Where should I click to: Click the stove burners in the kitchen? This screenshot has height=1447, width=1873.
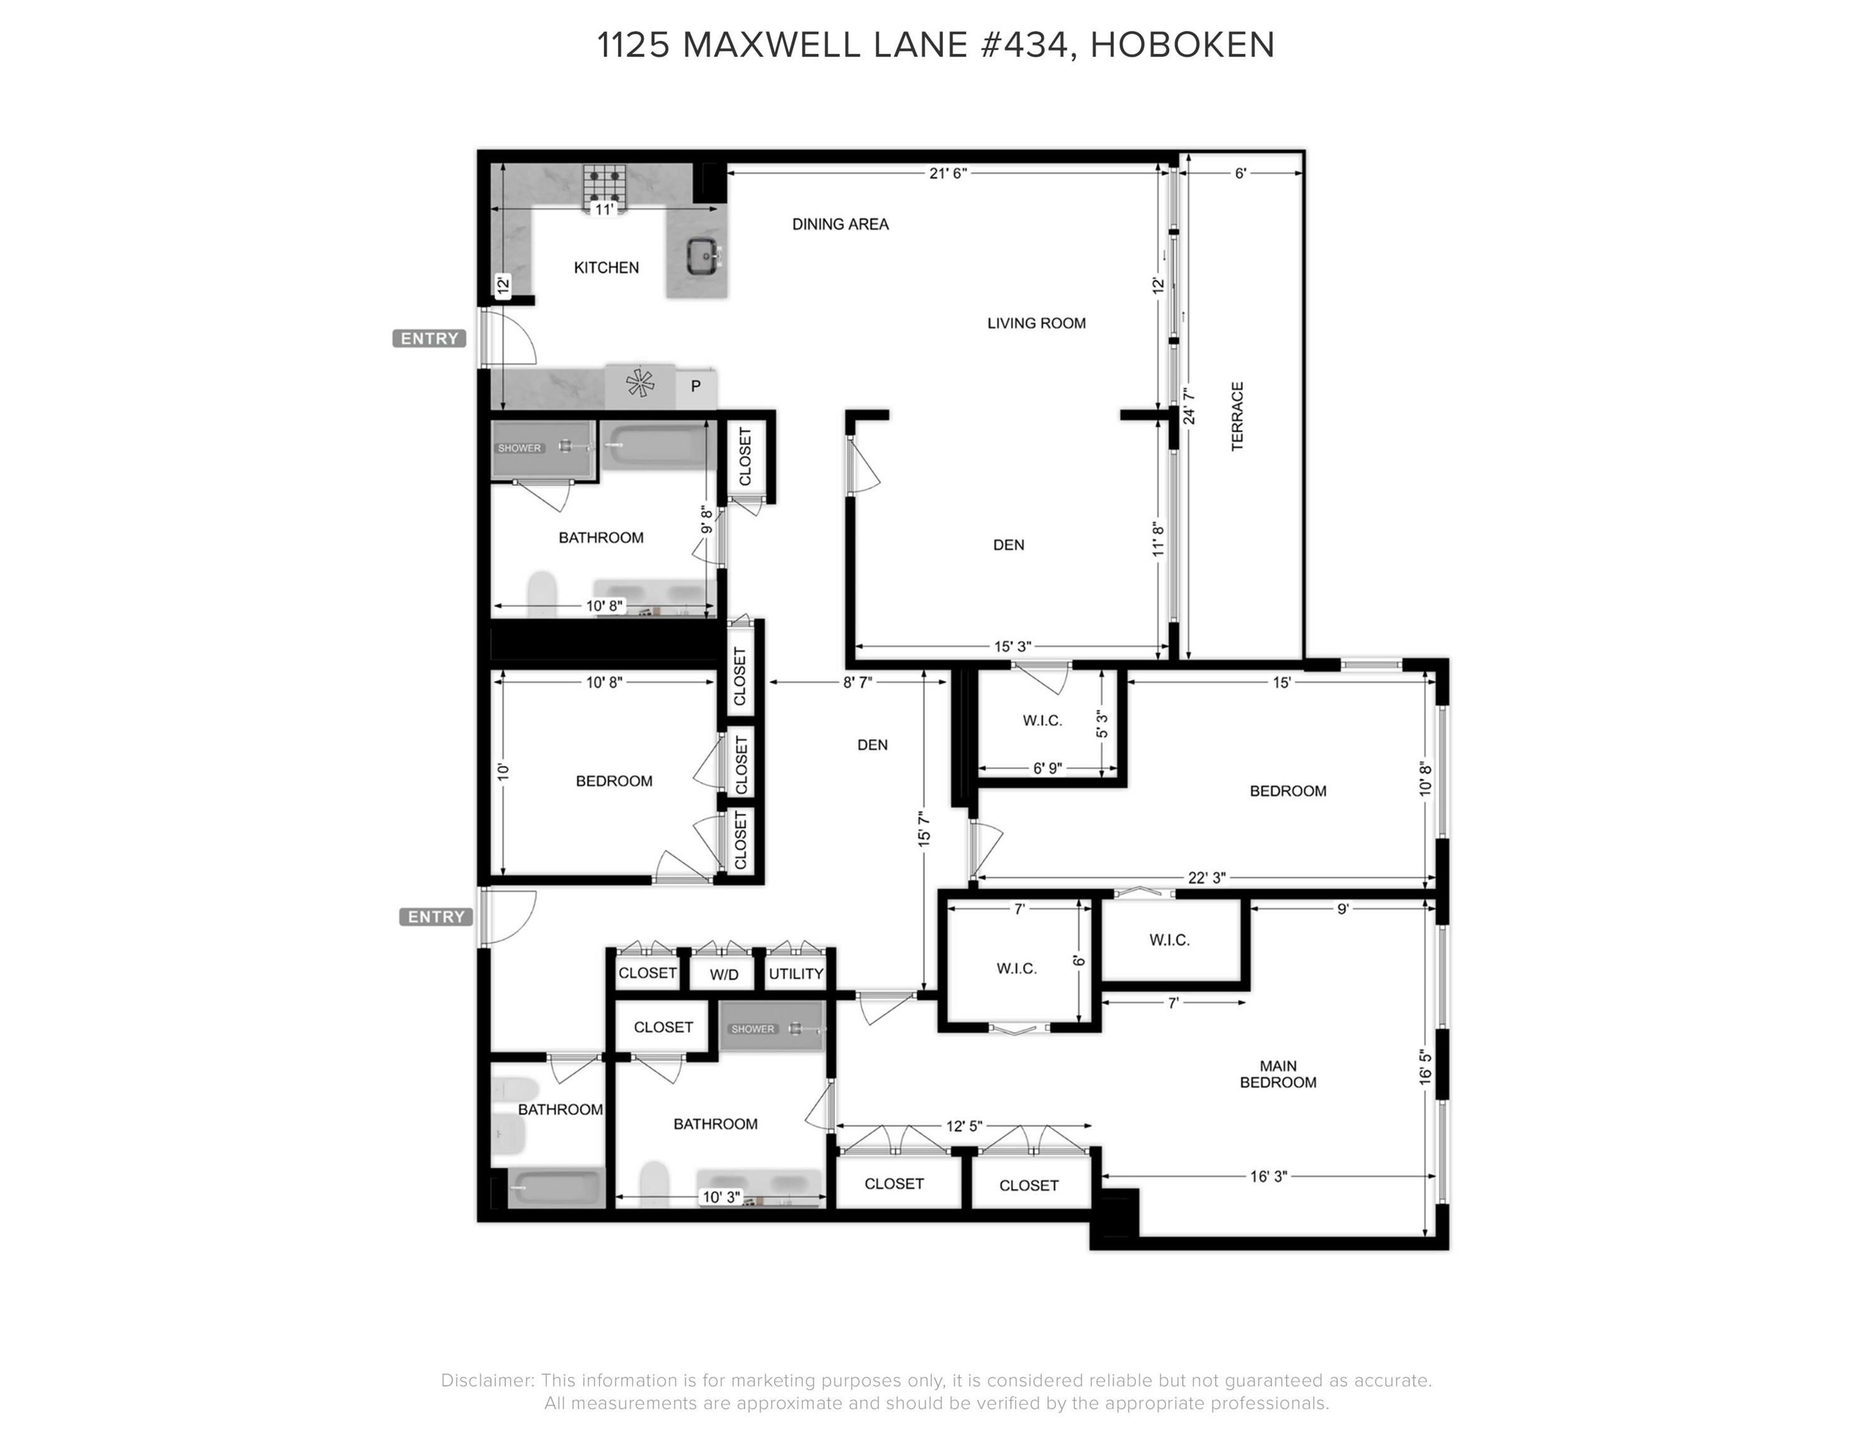[604, 183]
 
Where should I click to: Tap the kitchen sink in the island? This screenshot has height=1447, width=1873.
[705, 256]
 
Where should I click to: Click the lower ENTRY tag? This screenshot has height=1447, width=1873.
[435, 917]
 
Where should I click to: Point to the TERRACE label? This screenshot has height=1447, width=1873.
[1238, 416]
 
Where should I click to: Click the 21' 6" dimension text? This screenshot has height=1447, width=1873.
[947, 173]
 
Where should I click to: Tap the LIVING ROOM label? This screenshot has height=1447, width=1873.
[1036, 323]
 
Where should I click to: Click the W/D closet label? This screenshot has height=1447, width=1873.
[724, 975]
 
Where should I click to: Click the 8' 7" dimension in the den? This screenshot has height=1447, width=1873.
[857, 682]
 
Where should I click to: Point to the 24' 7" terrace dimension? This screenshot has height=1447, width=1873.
[1189, 406]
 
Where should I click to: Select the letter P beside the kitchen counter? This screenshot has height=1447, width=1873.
[696, 387]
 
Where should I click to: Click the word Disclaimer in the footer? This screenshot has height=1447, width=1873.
[486, 1380]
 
